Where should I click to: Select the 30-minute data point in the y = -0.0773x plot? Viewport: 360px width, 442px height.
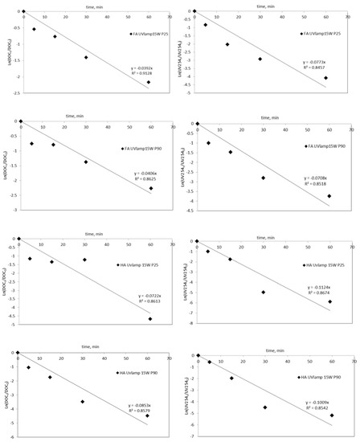[x=260, y=59]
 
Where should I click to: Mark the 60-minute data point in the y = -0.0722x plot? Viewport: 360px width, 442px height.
[x=150, y=319]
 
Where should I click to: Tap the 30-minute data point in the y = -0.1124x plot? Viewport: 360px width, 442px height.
[x=263, y=292]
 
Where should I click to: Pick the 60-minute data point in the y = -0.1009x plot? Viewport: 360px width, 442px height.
[x=331, y=415]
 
